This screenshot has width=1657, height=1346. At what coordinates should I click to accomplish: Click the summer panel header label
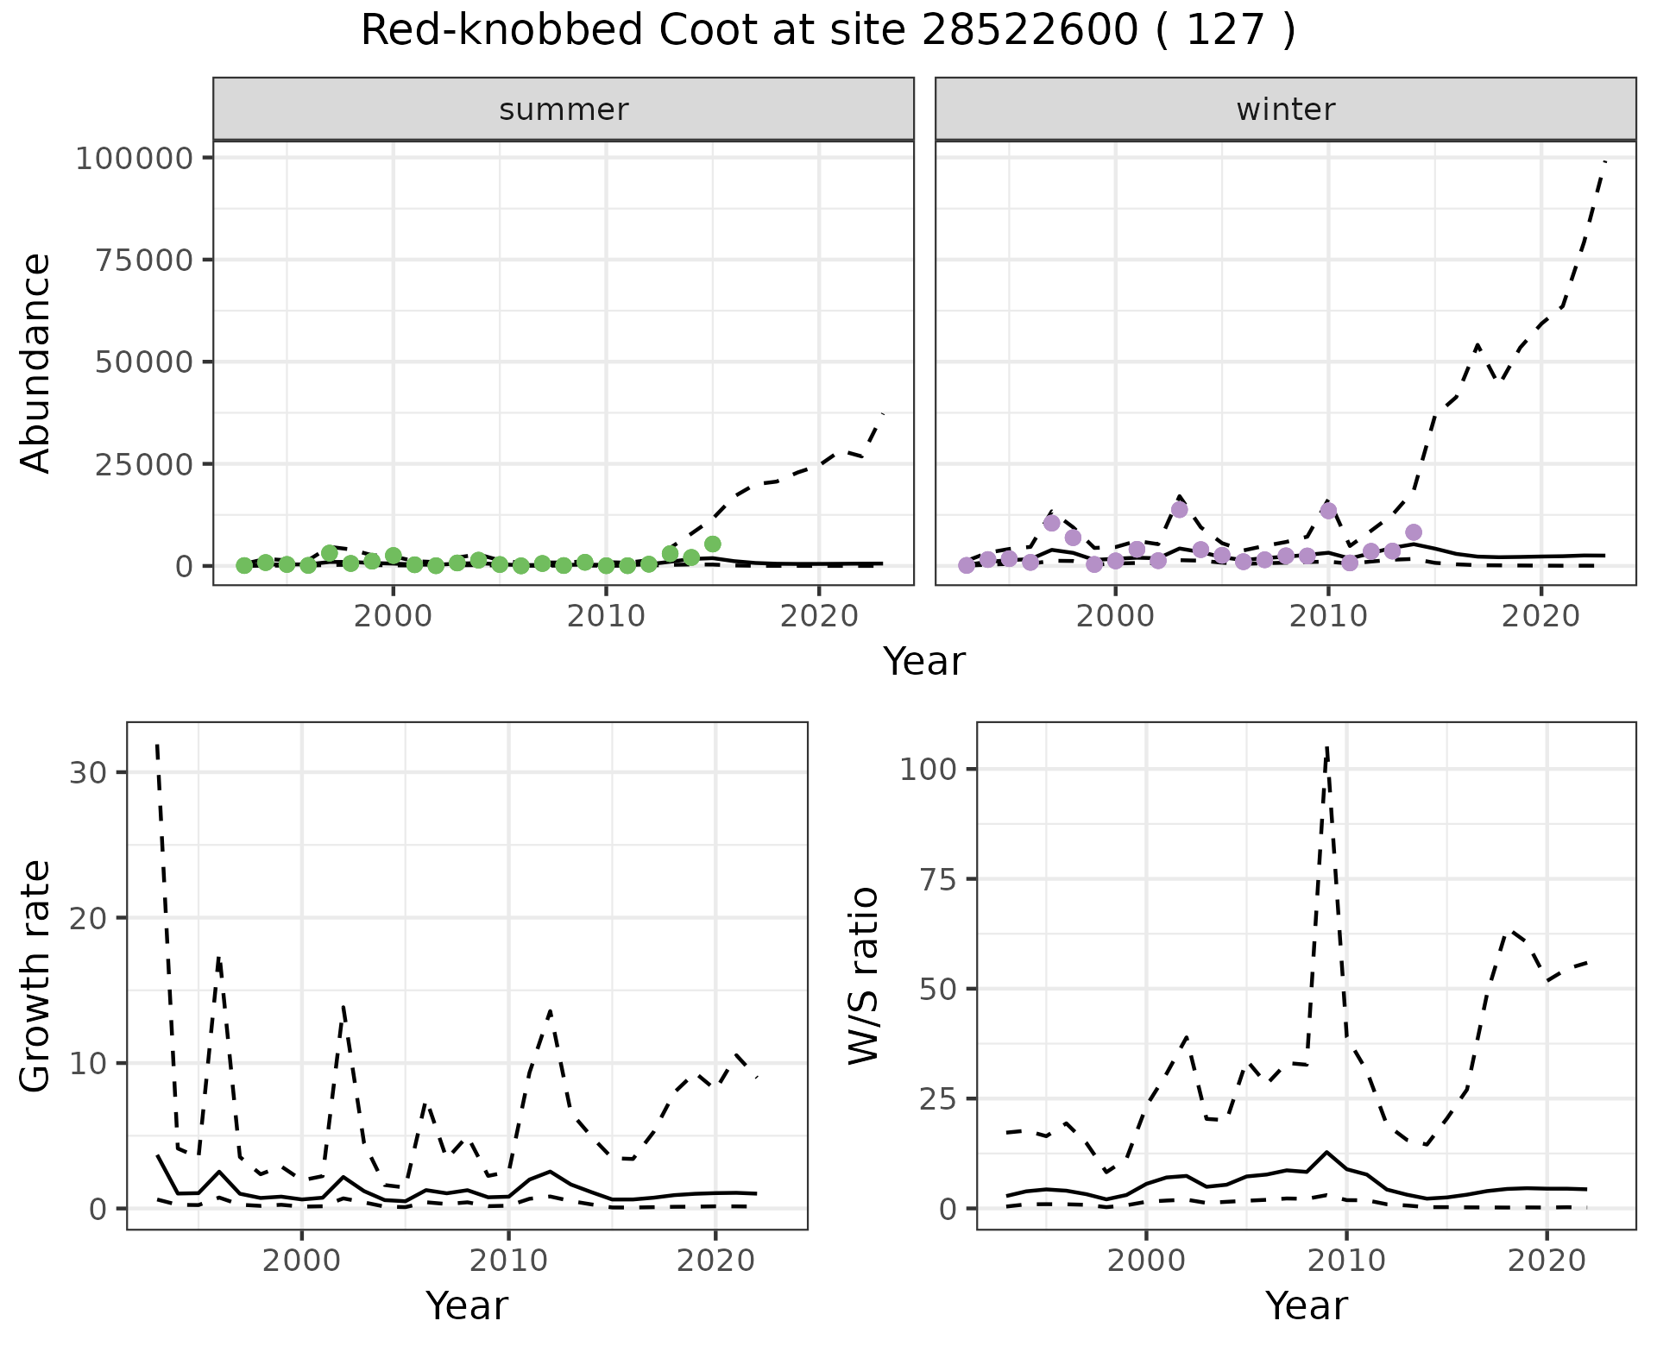coord(564,110)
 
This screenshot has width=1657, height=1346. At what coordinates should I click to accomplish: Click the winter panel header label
coord(1286,110)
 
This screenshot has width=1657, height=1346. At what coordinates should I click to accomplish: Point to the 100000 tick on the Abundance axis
coord(133,158)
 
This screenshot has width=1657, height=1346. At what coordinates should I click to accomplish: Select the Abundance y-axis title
coord(36,362)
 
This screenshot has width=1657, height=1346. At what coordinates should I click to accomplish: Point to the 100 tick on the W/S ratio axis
coord(929,769)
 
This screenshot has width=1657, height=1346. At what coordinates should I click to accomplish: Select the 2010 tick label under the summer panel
coord(606,616)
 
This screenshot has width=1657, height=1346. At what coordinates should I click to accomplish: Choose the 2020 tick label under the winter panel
coord(1541,616)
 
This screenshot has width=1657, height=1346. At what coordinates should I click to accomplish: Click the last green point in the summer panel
coord(713,544)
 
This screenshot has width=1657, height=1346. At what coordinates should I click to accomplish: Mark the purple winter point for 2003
coord(1180,509)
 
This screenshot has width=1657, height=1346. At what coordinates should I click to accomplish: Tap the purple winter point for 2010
coord(1329,510)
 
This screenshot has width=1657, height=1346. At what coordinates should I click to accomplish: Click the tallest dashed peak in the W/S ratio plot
coord(1326,747)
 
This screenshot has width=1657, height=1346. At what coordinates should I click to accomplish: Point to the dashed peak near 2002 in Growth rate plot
coord(343,1006)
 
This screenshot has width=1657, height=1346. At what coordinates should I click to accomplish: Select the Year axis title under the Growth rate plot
coord(467,1305)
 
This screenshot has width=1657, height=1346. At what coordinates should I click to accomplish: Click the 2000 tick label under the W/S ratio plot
coord(1146,1261)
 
